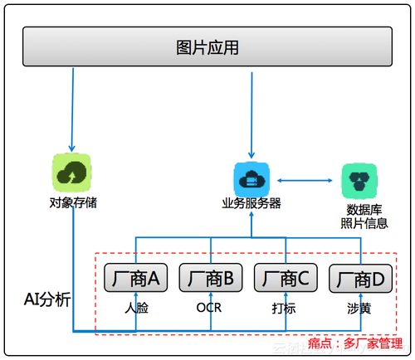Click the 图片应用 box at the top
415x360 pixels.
207,47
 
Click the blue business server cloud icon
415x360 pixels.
250,179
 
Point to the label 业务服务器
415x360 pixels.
250,204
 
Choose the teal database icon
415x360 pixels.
359,179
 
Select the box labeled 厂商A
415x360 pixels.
136,279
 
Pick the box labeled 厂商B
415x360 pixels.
211,279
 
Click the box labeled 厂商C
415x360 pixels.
286,279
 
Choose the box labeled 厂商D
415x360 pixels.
360,279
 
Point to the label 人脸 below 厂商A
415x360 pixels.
136,307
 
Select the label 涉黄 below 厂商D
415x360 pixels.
359,307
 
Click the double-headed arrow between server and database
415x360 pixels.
304,179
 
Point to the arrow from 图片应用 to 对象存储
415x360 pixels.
73,108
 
